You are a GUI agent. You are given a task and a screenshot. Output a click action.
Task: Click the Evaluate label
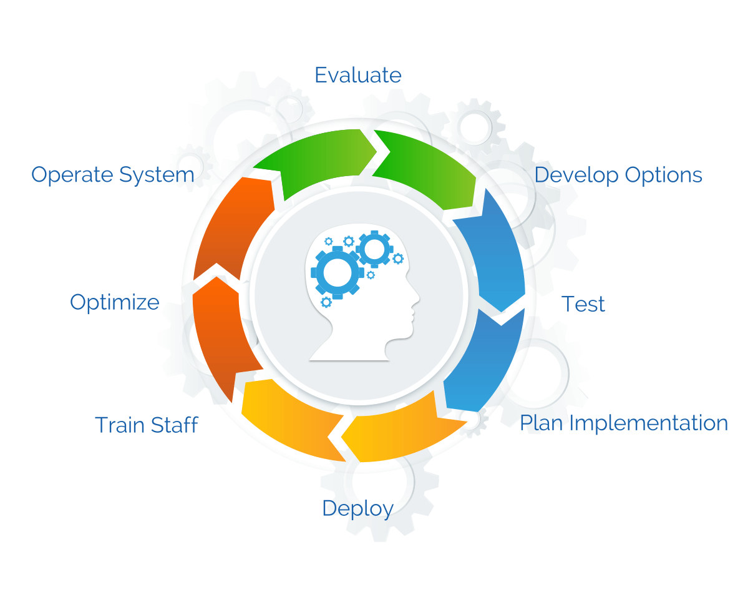[x=358, y=75]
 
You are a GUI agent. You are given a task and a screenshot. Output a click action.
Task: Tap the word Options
[x=663, y=175]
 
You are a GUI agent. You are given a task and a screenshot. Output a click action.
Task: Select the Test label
[x=583, y=303]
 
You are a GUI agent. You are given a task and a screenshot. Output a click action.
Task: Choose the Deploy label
[x=358, y=509]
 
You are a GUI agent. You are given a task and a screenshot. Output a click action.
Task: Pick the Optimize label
[x=115, y=303]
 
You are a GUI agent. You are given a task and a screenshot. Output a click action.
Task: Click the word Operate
[x=72, y=175]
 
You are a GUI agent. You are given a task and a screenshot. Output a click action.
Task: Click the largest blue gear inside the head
[x=338, y=273]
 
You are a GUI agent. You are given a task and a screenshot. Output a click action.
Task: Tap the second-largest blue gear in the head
[x=374, y=249]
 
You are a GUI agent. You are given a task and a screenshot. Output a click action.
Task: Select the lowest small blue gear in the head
[x=326, y=302]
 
